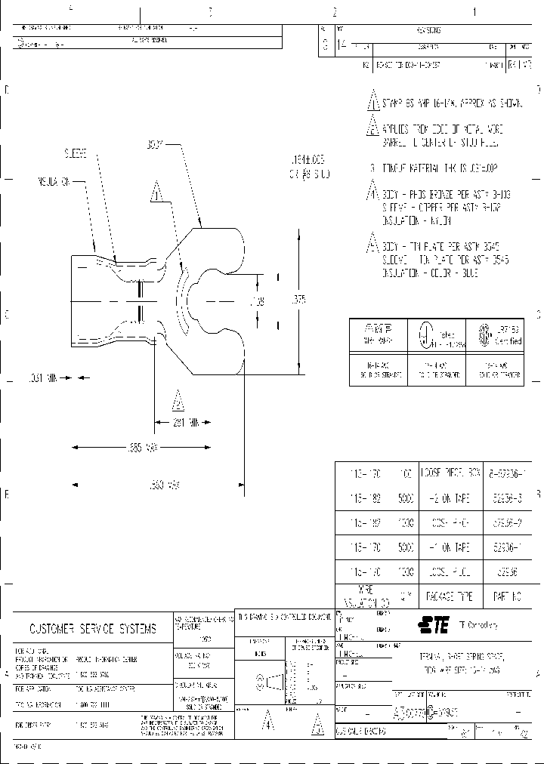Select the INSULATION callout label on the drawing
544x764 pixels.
[54, 182]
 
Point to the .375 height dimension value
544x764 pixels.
[299, 300]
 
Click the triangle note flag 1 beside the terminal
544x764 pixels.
[157, 193]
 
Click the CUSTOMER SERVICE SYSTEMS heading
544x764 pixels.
[93, 628]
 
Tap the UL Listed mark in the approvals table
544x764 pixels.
[426, 334]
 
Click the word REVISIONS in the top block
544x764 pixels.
[428, 30]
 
